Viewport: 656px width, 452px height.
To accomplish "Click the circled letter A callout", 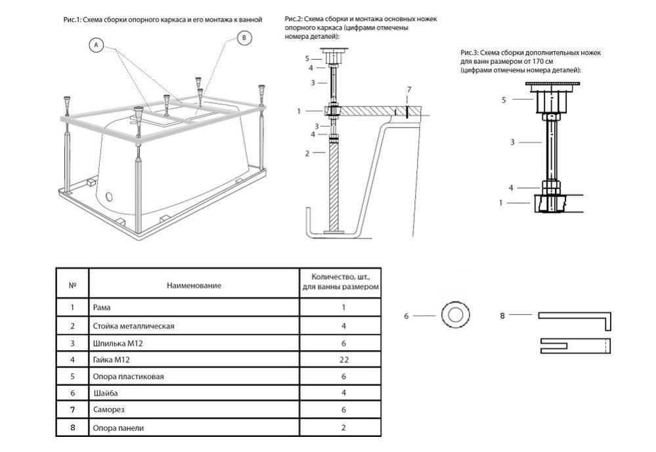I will coord(97,45).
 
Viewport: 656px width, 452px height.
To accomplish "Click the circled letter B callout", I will coord(244,39).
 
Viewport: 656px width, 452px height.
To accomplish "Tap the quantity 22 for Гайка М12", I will coord(340,360).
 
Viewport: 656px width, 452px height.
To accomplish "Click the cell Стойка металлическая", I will coord(133,326).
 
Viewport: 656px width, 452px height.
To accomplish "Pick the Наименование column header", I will coord(194,285).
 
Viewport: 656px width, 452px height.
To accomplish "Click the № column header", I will coord(72,285).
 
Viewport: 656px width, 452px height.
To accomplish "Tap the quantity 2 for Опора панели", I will coord(340,428).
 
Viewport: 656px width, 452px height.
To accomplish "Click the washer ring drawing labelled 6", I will coord(454,315).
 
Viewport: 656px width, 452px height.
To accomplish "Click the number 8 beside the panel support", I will coord(503,315).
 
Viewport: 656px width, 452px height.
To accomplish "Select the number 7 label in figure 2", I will coord(409,89).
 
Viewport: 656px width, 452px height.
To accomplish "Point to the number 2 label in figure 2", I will coord(307,153).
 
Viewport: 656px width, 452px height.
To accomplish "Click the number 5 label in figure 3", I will coord(504,100).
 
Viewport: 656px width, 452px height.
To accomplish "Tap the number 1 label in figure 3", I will coord(501,203).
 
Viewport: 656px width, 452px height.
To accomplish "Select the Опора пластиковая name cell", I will coord(128,376).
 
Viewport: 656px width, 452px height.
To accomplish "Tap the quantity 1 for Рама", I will coord(340,307).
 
